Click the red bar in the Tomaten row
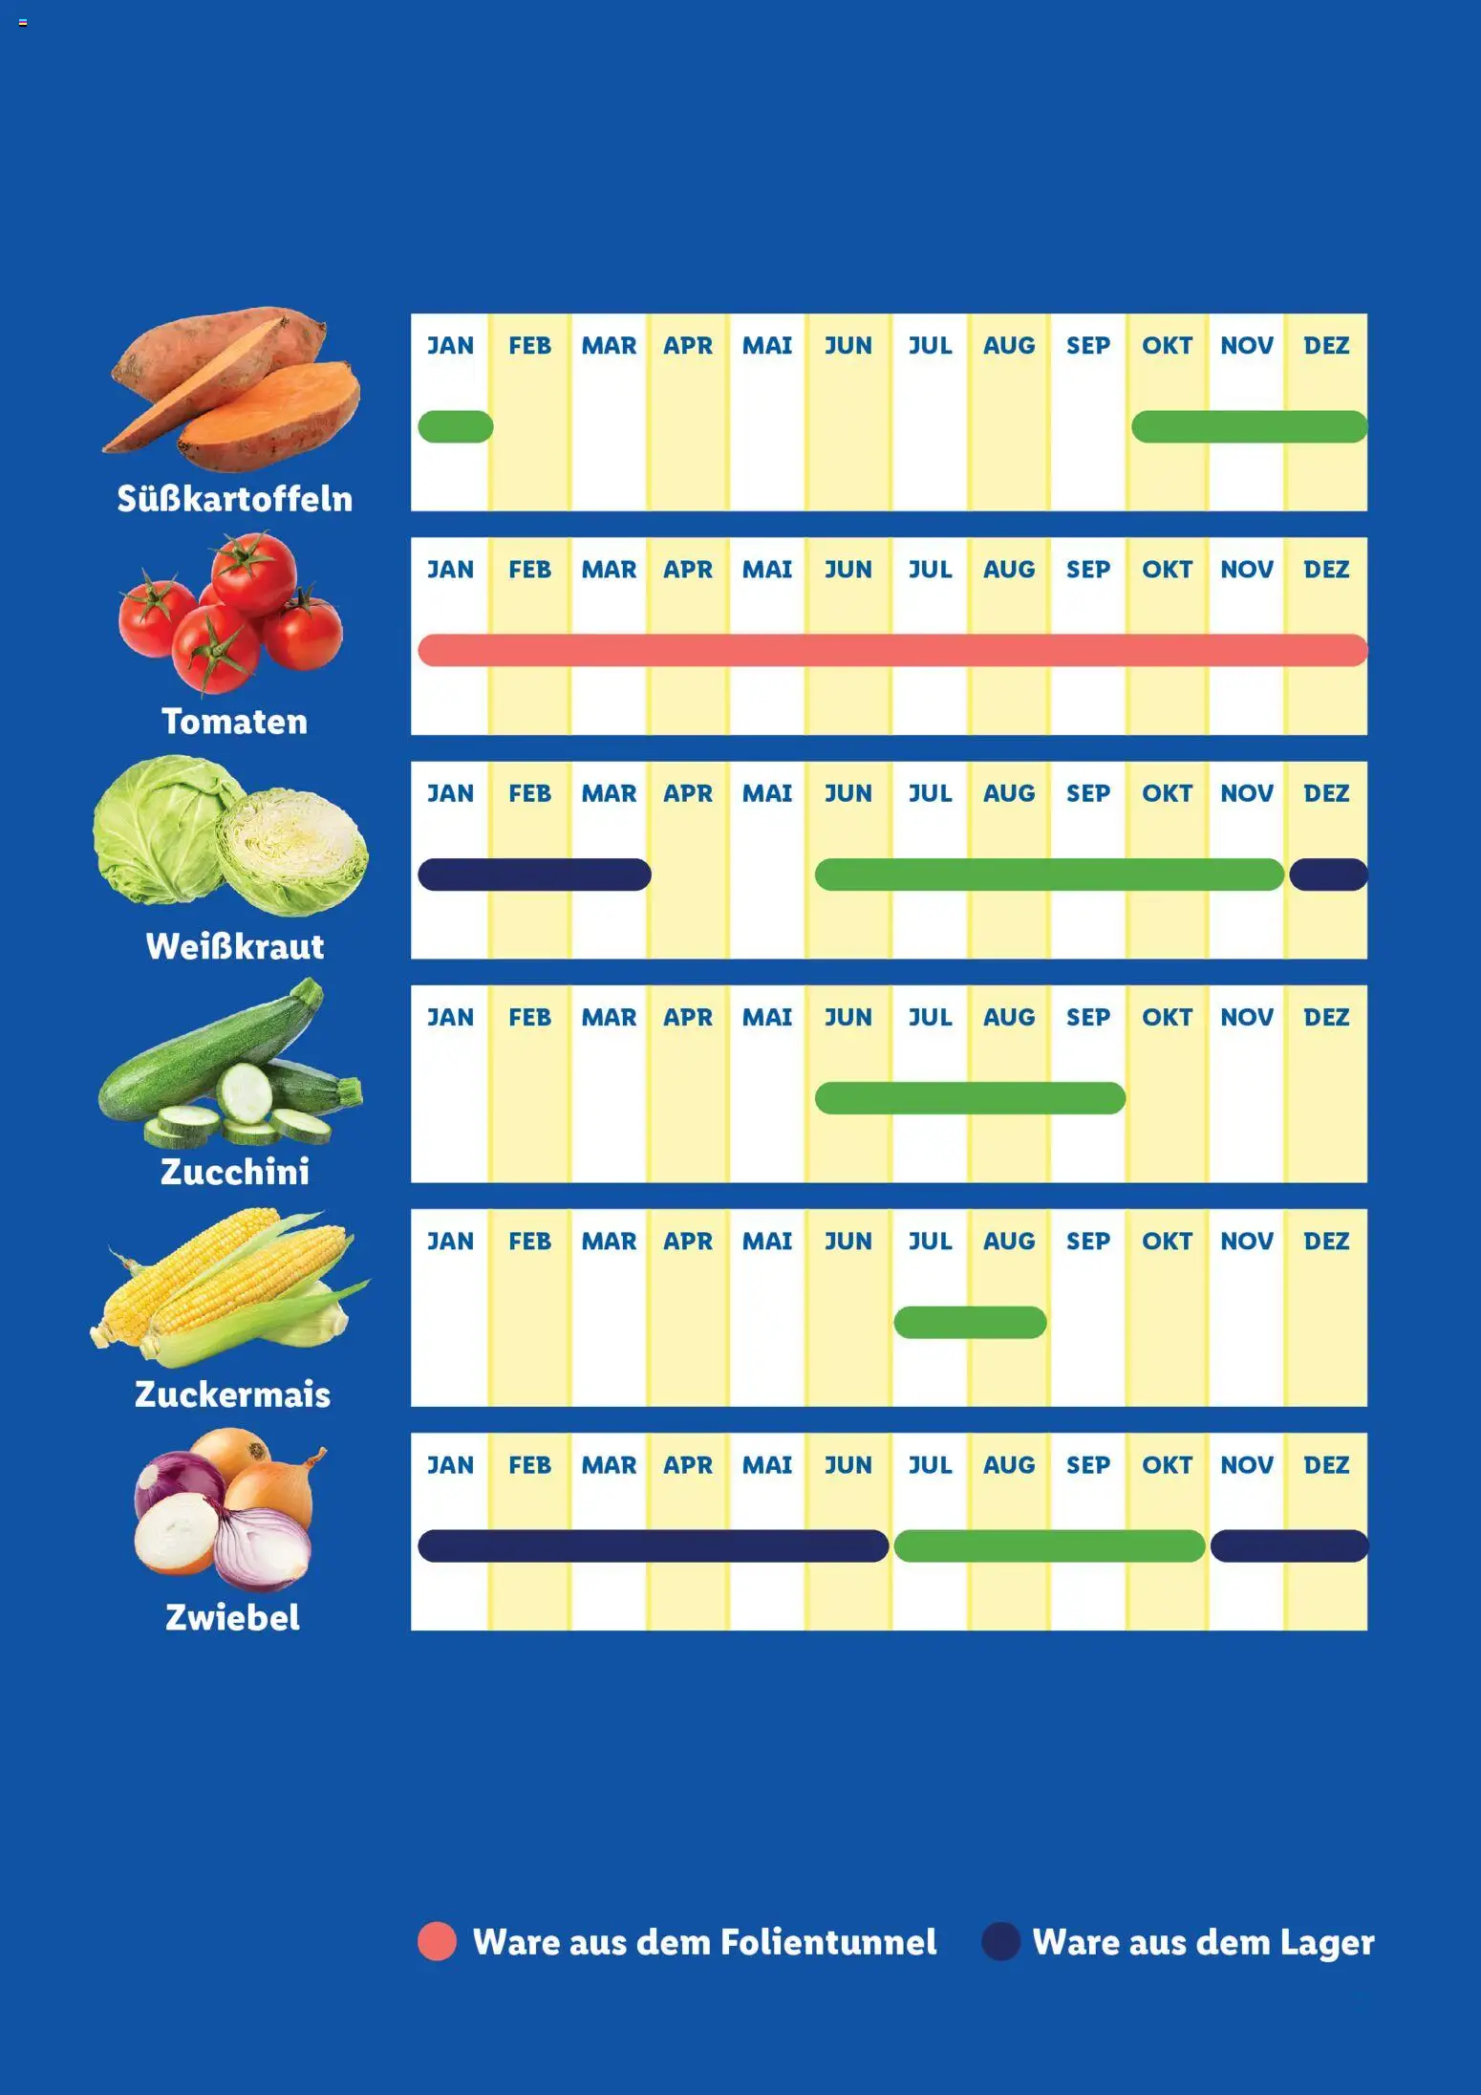point(892,650)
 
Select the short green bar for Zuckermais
point(970,1322)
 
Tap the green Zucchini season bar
point(970,1098)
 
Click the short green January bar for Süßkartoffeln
point(456,426)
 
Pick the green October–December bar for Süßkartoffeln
point(1249,426)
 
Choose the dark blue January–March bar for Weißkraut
point(534,875)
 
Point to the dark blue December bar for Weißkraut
point(1328,875)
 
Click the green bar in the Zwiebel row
point(1049,1545)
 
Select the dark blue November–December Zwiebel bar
point(1289,1545)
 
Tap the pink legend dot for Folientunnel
point(438,1941)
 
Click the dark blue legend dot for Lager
point(1000,1941)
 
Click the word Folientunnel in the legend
point(828,1942)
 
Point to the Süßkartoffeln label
point(235,499)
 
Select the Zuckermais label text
point(233,1394)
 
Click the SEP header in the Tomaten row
point(1088,570)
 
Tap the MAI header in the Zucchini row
point(767,1017)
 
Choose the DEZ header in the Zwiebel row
point(1326,1465)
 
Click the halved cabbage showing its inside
point(291,851)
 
